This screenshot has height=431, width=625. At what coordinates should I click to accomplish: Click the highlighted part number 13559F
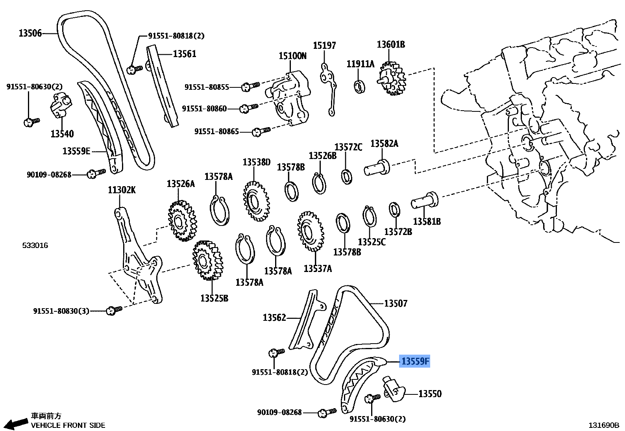point(415,361)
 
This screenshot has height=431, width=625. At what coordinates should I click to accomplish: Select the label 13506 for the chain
point(30,33)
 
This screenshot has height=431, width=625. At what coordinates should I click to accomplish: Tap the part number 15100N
point(292,56)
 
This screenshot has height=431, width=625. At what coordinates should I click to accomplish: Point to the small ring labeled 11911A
point(359,86)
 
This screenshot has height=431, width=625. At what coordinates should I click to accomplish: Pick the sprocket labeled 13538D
point(256,202)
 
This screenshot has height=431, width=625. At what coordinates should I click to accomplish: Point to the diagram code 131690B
point(603,425)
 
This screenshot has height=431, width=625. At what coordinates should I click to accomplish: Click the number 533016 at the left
point(35,245)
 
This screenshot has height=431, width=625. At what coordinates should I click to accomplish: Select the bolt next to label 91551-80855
point(249,86)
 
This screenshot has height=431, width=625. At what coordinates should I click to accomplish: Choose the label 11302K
point(122,190)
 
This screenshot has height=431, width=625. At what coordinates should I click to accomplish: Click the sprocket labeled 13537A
point(311,231)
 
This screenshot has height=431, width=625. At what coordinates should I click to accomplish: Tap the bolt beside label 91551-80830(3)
point(115,310)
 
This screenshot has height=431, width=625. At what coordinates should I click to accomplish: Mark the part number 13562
point(274,317)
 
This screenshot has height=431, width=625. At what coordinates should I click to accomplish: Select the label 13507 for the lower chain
point(396,303)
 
